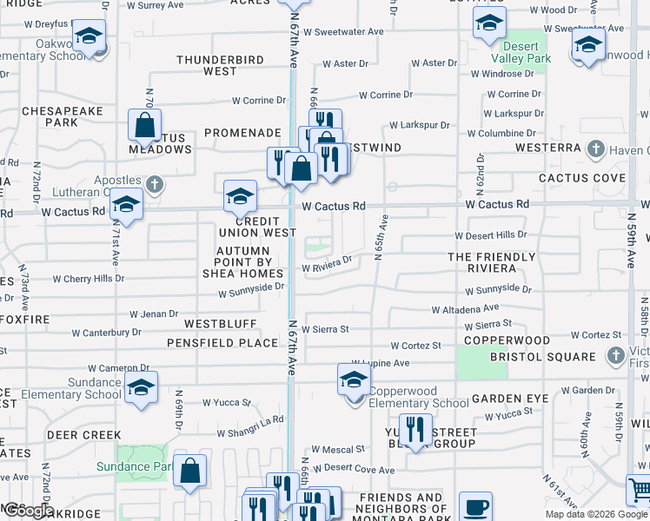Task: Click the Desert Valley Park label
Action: pos(521,51)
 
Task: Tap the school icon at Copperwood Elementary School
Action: pos(354,381)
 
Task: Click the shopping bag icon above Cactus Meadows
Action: pos(145,126)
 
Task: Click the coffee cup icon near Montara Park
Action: pos(475,508)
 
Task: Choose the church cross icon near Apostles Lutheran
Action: pos(154,184)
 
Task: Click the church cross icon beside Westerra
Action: pos(596,148)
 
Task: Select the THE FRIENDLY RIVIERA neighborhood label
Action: pos(491,262)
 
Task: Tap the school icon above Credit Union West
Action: pos(240,197)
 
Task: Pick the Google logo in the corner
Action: pos(28,511)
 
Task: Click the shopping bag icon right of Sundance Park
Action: pos(190,472)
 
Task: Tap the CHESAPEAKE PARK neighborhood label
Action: pos(63,117)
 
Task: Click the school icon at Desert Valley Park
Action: pos(489,23)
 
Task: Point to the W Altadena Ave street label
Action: pos(465,308)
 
